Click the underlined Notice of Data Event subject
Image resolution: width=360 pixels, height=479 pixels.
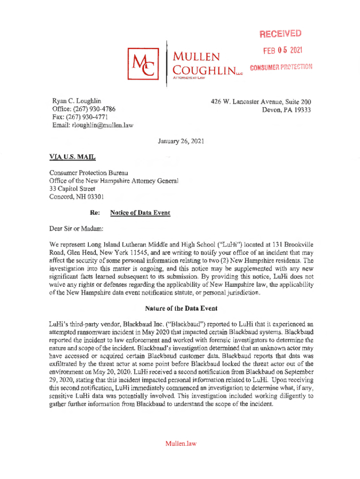[x=140, y=213]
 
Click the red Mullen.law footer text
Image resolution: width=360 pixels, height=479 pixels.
[x=180, y=443]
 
